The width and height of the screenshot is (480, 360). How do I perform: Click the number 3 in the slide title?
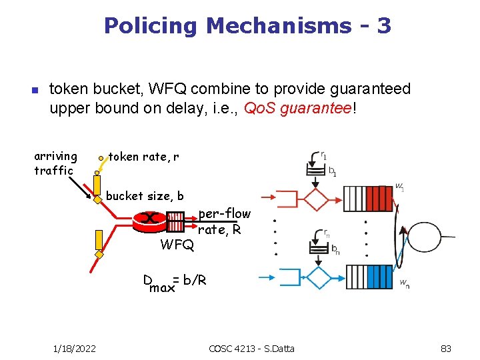click(x=383, y=26)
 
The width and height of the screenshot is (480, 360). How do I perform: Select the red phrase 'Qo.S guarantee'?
click(x=297, y=107)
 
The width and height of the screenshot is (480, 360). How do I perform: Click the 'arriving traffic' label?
click(x=55, y=163)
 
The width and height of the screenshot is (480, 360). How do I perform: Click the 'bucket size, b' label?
click(x=145, y=196)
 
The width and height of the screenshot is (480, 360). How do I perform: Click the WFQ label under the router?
click(x=177, y=245)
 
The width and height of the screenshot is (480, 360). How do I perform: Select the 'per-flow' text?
click(x=225, y=214)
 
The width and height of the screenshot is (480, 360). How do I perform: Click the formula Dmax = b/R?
click(x=175, y=283)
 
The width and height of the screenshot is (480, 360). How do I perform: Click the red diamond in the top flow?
click(x=316, y=198)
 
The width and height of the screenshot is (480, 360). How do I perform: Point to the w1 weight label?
click(x=399, y=187)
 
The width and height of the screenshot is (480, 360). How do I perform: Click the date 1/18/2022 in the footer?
click(x=75, y=348)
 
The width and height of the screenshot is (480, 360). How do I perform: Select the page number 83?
click(x=447, y=348)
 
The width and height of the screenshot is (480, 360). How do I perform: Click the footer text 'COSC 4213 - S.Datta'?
click(x=251, y=348)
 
